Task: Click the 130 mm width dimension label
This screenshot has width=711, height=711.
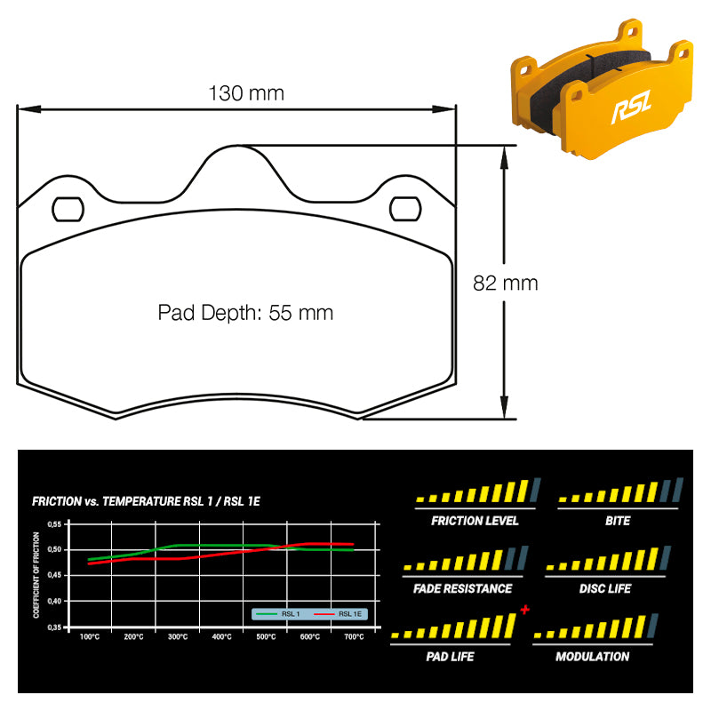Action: [x=246, y=93]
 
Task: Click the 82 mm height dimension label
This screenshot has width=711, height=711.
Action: [x=505, y=284]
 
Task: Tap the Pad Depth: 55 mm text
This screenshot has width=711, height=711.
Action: [x=245, y=313]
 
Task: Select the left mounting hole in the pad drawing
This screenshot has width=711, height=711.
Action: [x=68, y=210]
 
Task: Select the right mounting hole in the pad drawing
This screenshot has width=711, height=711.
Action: [x=405, y=209]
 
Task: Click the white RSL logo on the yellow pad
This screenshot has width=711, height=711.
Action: [x=631, y=107]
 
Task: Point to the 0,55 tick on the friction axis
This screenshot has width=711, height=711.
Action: [x=54, y=524]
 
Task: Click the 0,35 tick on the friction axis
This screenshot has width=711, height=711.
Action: [x=54, y=627]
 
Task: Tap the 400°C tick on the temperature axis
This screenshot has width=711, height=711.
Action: [x=221, y=637]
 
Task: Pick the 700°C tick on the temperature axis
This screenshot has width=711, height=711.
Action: [x=354, y=637]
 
